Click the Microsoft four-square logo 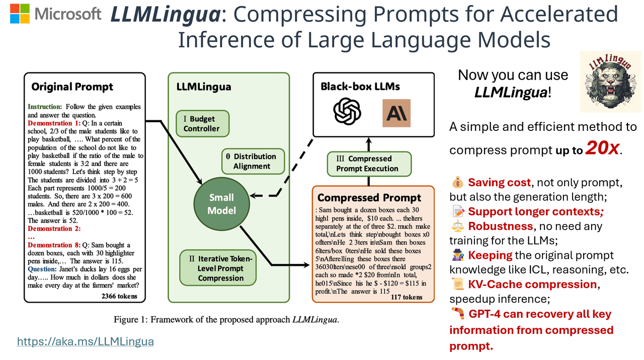pos(20,14)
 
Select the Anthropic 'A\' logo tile pos(396,113)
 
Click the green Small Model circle pos(221,204)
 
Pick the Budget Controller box pos(202,124)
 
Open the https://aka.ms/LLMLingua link pos(85,342)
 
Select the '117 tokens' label pos(406,297)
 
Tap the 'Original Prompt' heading pos(72,87)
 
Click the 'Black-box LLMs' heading pos(360,87)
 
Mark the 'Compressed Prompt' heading pos(369,197)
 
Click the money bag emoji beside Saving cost pos(457,182)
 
